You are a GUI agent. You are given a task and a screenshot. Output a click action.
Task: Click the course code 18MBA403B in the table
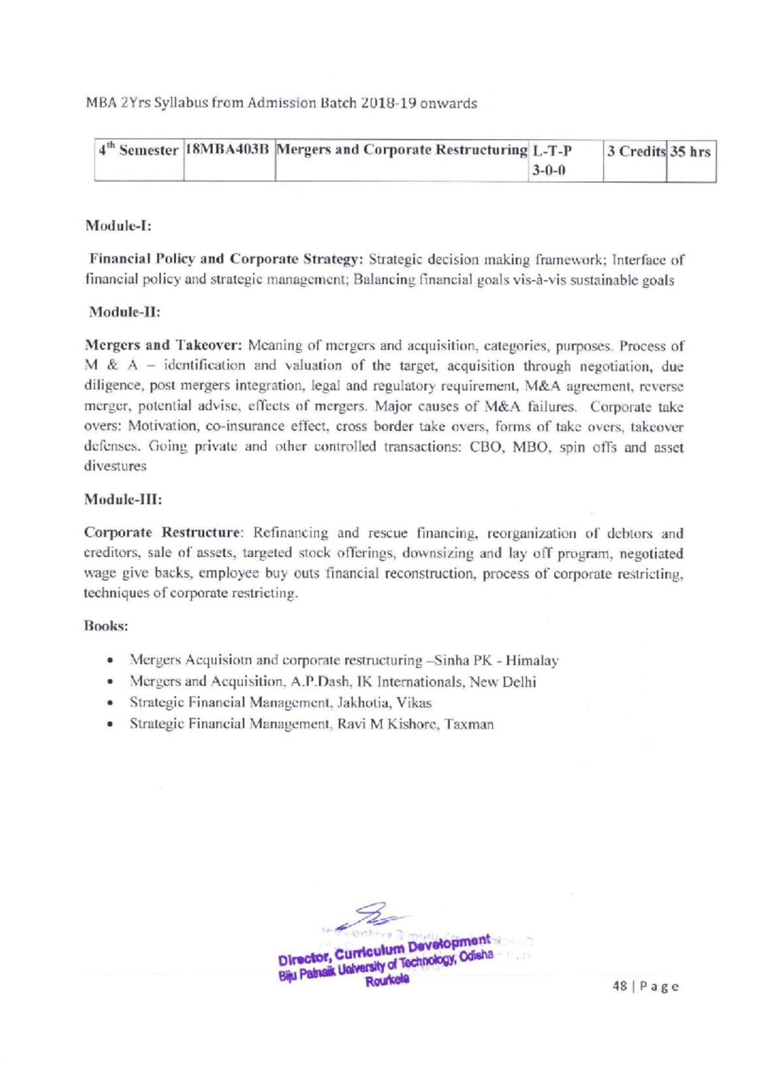[229, 151]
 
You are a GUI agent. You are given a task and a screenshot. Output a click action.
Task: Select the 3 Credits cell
[635, 152]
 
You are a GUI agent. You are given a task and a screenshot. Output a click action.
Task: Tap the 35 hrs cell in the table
[690, 152]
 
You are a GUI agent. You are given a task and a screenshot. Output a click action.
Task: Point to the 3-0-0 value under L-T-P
[547, 171]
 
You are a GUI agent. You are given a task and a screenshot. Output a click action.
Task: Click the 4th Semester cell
[138, 151]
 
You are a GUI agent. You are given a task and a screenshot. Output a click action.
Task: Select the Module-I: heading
[118, 226]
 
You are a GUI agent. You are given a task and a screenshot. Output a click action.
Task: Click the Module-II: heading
[124, 312]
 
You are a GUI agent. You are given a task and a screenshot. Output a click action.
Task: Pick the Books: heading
[106, 626]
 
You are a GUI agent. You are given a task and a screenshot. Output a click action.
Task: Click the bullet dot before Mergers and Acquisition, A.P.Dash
[112, 682]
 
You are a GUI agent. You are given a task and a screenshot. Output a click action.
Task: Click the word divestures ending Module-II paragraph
[115, 466]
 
